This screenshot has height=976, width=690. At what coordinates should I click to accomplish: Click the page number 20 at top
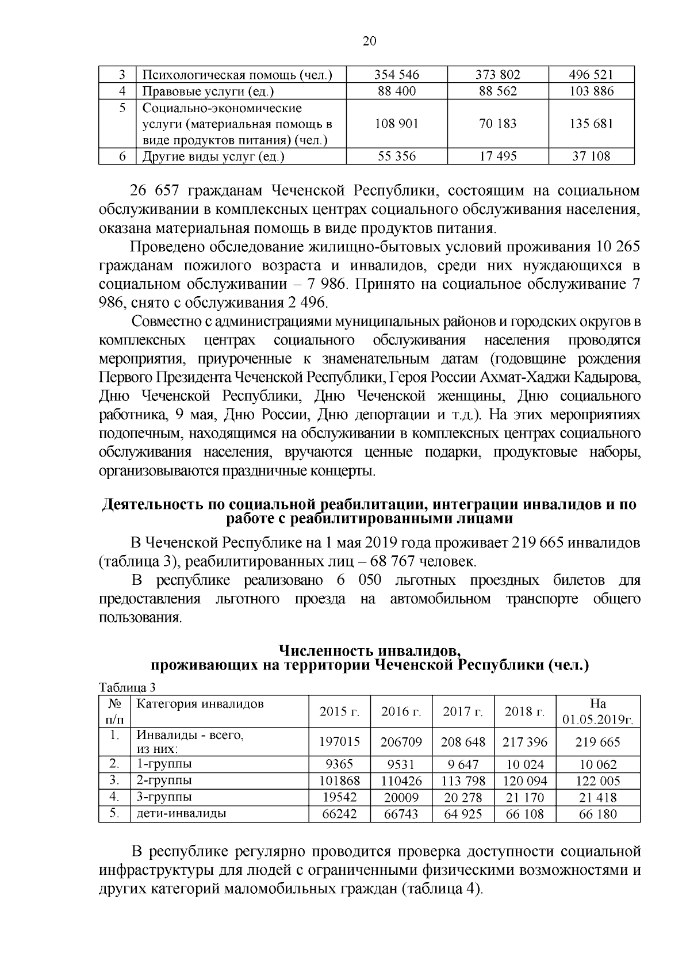click(x=369, y=41)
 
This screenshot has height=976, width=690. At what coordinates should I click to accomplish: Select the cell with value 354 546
click(x=397, y=75)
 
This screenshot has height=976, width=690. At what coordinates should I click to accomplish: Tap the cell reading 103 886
click(x=591, y=91)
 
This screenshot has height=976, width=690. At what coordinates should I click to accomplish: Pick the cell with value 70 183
click(x=498, y=124)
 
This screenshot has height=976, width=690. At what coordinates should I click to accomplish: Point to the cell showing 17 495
click(x=498, y=156)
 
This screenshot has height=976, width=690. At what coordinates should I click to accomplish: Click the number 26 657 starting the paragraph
click(x=151, y=190)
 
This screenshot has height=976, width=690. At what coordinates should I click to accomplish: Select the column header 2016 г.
click(x=401, y=711)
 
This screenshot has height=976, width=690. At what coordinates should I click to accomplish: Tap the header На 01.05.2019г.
click(x=598, y=711)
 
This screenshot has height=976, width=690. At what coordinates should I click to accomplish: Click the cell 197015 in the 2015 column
click(x=340, y=742)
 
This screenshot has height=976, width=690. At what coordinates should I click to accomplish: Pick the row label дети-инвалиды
click(x=181, y=814)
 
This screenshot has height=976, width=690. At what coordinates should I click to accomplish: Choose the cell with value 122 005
click(x=598, y=781)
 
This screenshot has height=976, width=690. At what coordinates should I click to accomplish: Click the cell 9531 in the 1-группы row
click(x=401, y=765)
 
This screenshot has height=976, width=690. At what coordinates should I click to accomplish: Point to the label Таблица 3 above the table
click(x=127, y=687)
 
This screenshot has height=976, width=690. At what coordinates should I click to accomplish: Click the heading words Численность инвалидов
click(x=369, y=651)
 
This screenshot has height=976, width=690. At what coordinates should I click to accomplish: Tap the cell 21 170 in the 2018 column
click(x=525, y=798)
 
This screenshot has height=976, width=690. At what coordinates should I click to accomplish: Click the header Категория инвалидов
click(x=200, y=704)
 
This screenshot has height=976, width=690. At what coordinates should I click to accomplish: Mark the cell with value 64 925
click(x=463, y=814)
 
